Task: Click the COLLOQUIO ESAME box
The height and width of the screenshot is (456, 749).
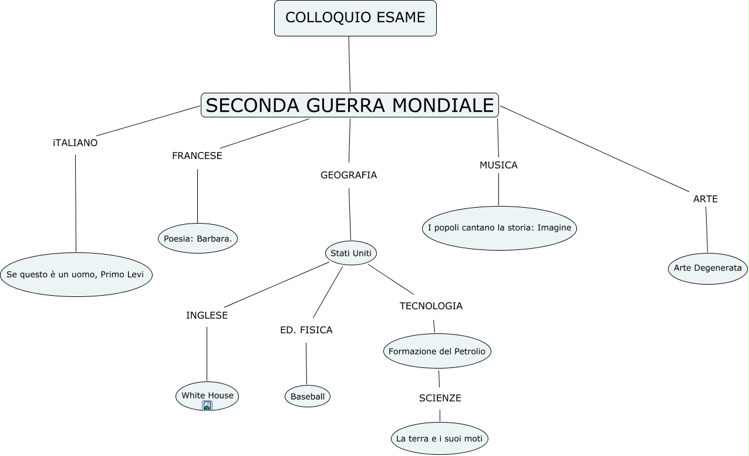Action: tap(355, 18)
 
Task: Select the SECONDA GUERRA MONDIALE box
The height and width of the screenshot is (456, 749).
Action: tap(349, 105)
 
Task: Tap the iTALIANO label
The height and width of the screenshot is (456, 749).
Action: tap(75, 143)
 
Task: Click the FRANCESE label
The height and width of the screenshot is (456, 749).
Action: tap(197, 156)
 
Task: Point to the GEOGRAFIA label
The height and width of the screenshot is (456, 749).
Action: tap(349, 175)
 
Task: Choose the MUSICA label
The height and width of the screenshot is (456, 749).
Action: tap(498, 165)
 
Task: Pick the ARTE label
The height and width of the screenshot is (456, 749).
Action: tap(706, 200)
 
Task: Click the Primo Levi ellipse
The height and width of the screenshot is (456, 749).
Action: tap(76, 275)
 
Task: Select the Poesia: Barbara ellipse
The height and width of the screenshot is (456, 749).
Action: tap(198, 238)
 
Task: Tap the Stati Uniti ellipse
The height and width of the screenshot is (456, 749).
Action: tap(351, 253)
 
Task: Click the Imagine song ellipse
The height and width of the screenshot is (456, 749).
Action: tap(500, 228)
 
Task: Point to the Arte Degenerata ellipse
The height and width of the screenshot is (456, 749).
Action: tap(707, 268)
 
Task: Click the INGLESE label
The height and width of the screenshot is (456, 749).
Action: tap(207, 315)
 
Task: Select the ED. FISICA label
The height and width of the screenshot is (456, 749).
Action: tap(306, 330)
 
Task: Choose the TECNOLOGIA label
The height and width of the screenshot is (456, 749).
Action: tap(431, 306)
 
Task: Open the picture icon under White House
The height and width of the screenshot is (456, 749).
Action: tap(207, 406)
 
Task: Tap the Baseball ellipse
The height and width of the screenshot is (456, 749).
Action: tap(308, 397)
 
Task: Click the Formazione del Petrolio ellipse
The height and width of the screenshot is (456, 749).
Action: tap(437, 351)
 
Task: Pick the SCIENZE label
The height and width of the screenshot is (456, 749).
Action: tap(440, 398)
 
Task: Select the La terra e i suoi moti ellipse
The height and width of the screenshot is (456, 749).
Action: tap(440, 438)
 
